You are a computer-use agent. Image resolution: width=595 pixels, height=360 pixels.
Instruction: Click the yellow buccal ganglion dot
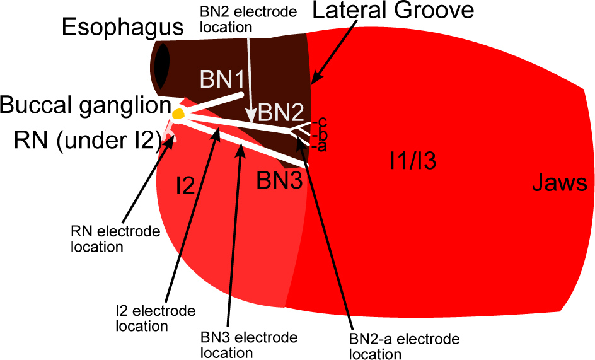(179, 114)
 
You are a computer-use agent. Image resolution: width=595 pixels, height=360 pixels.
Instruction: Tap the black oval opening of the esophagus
(162, 66)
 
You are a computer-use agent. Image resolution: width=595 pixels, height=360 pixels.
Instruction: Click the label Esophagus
(123, 28)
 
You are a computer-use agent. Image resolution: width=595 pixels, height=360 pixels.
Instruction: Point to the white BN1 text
(222, 80)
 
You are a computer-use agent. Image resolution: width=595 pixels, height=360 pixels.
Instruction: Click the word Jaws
(560, 183)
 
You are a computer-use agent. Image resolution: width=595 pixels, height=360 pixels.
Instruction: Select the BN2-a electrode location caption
(404, 346)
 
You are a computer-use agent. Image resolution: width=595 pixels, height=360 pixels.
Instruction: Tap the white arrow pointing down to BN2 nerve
(250, 76)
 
